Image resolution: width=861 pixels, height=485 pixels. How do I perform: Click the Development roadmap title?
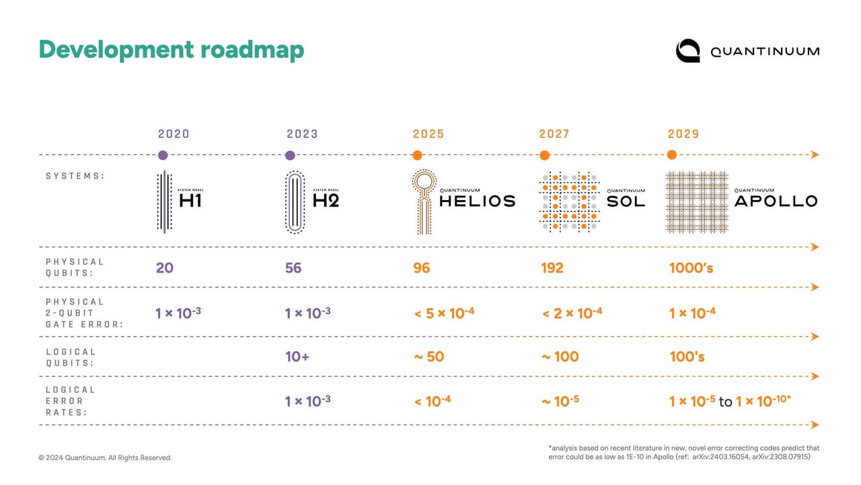(x=171, y=50)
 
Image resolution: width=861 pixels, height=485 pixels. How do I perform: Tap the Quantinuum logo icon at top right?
(x=688, y=51)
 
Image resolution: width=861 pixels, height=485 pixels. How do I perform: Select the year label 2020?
(x=174, y=134)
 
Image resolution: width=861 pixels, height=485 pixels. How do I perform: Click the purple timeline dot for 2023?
(x=290, y=156)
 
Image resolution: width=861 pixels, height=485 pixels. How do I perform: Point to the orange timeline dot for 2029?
(x=671, y=155)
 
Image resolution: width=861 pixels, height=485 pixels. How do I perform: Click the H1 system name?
(x=190, y=201)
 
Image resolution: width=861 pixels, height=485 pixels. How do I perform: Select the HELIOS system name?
(x=477, y=201)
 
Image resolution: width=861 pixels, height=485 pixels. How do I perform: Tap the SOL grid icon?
(x=568, y=201)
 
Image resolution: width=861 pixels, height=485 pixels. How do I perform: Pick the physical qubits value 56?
(x=293, y=268)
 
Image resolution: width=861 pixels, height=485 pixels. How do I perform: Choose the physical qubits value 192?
(x=552, y=268)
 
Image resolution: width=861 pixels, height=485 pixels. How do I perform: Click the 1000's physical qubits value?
(x=691, y=268)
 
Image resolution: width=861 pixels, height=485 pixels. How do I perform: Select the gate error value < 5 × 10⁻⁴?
(x=445, y=313)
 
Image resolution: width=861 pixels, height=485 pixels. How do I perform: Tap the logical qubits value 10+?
(x=297, y=357)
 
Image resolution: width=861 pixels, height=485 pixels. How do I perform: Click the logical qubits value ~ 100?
(x=560, y=357)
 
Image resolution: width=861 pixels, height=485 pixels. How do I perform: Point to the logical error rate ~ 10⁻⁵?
(x=560, y=401)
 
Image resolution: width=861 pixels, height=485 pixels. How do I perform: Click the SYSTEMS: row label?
(x=75, y=176)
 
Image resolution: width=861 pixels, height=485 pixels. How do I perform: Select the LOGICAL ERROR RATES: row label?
(x=71, y=401)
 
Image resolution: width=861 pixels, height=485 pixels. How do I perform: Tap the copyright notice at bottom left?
(x=105, y=458)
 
